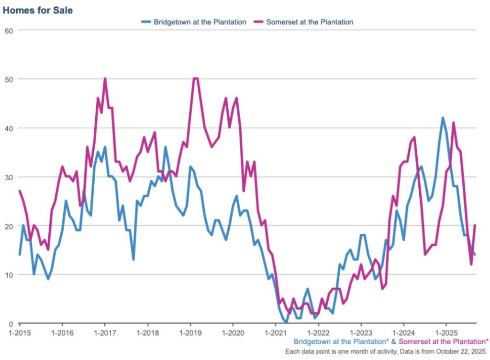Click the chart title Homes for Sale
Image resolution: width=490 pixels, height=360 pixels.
[38, 10]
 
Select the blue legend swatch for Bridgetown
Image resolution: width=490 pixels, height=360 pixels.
[146, 22]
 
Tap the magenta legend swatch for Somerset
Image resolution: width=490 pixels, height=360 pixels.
[258, 22]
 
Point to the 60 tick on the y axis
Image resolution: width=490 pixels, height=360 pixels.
[8, 30]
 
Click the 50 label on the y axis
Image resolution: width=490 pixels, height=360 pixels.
[8, 79]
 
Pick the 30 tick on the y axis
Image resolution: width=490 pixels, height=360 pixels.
[8, 177]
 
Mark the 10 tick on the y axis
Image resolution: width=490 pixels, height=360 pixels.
[8, 274]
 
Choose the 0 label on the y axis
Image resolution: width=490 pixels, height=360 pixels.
[10, 324]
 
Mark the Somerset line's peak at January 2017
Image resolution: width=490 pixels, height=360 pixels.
[105, 79]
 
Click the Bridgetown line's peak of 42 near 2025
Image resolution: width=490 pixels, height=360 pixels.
[443, 118]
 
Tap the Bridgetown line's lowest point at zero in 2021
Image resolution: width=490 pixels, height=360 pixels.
[286, 323]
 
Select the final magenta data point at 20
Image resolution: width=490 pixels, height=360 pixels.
[475, 225]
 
